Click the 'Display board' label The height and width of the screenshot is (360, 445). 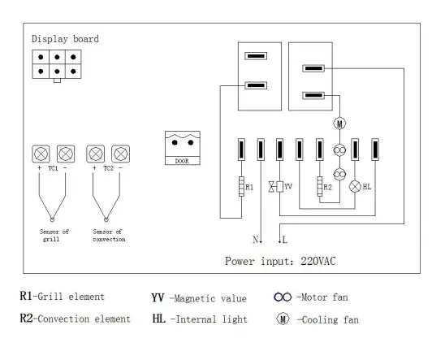[65, 39]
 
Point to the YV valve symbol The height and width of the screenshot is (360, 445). [279, 186]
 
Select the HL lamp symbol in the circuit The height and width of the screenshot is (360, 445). [355, 186]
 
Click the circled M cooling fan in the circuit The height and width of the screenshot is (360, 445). [339, 124]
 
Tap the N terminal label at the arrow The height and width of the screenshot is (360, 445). [254, 240]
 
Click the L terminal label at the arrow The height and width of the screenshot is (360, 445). [284, 240]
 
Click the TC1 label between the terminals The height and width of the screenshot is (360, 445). [53, 168]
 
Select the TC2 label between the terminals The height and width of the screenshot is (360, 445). [108, 168]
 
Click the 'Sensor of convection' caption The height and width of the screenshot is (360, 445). [109, 235]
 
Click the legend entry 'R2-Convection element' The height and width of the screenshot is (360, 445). [75, 319]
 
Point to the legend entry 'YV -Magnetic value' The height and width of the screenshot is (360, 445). [199, 297]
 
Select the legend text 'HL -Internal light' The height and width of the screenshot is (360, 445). [199, 319]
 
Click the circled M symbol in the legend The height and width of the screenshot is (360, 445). [283, 319]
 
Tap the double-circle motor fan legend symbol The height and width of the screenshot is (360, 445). [283, 297]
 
